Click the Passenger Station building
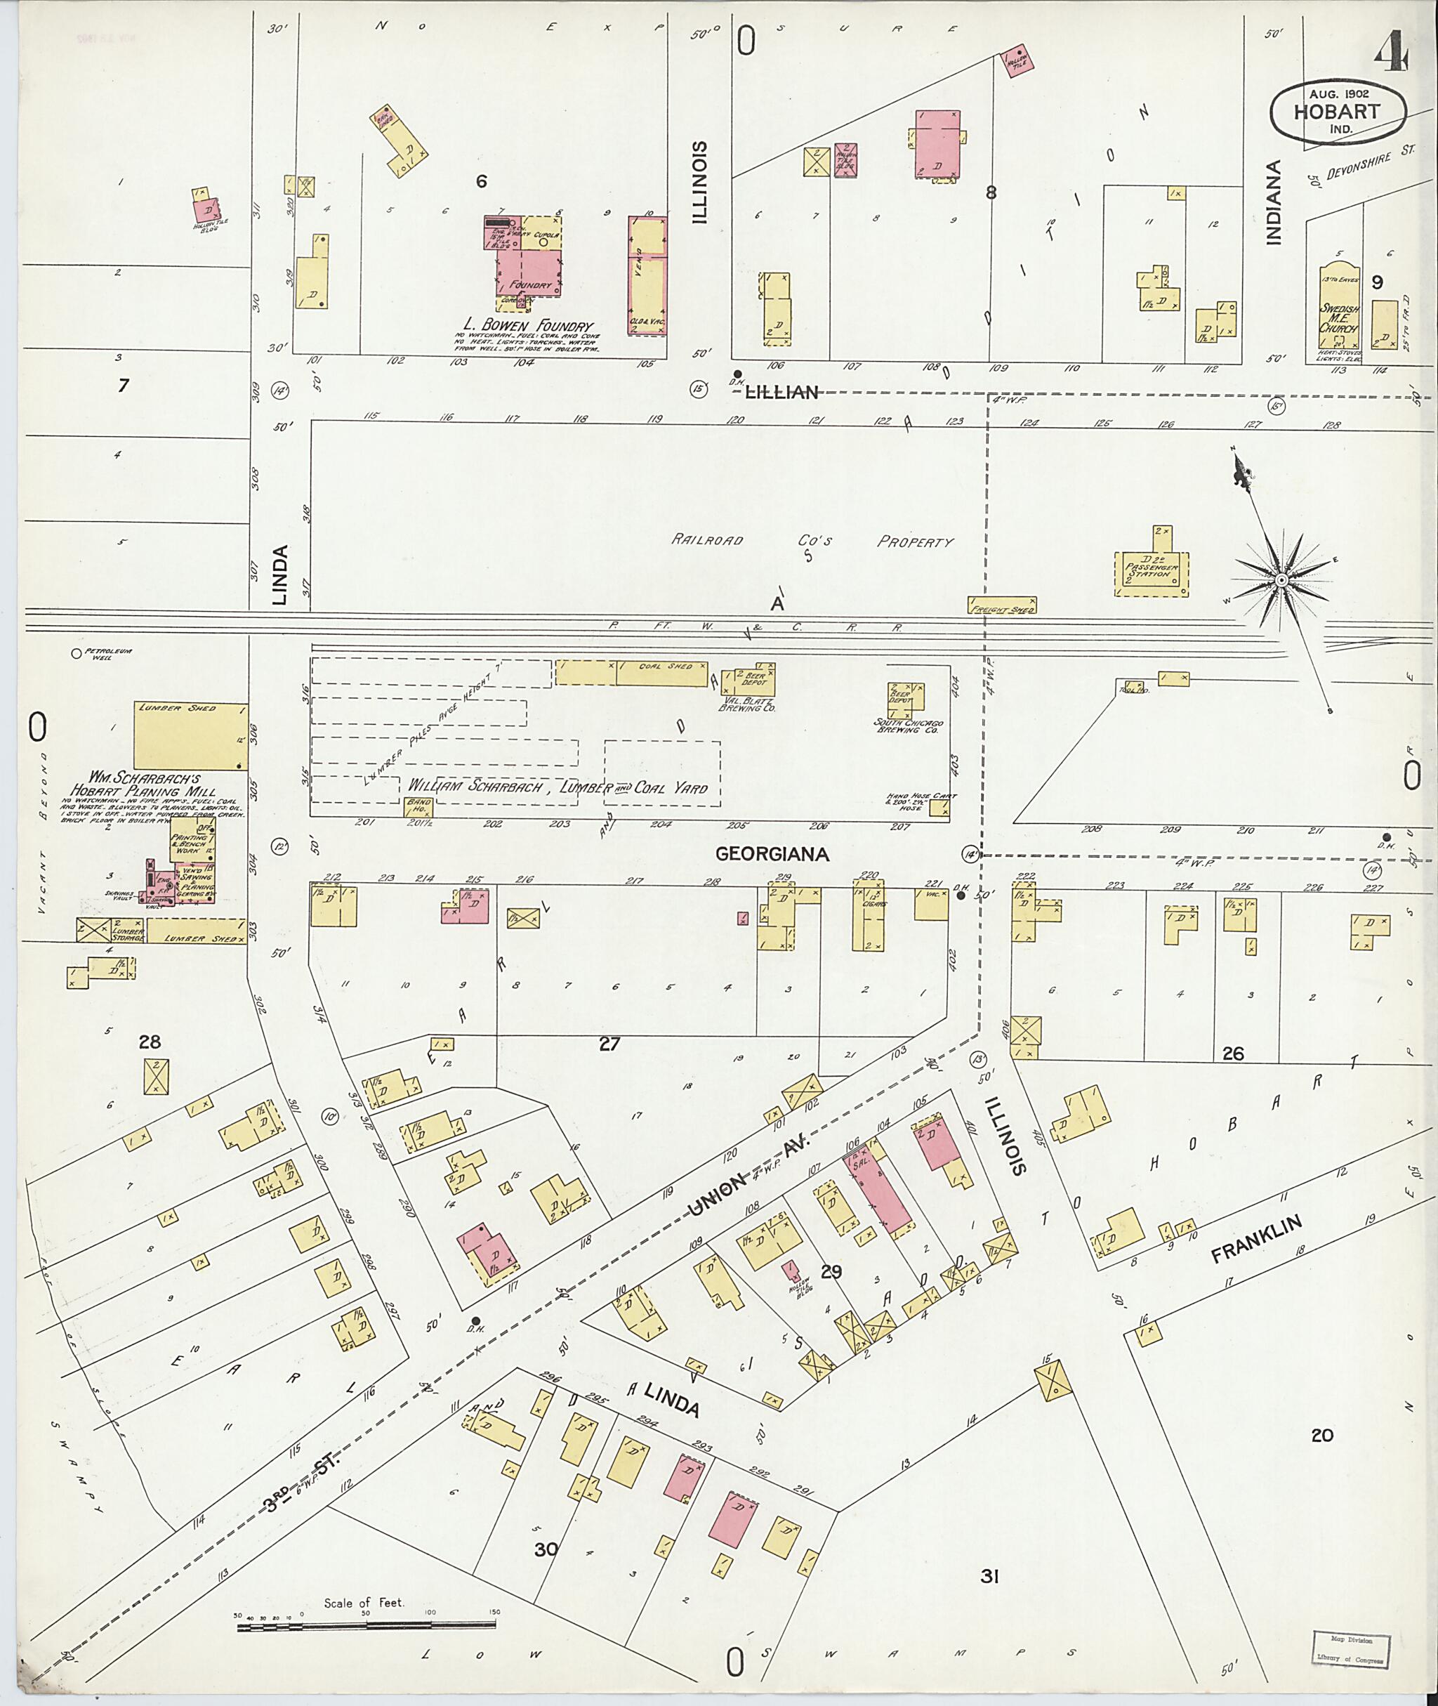point(1150,574)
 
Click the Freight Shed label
point(1002,608)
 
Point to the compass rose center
point(1281,580)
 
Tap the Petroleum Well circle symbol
point(77,652)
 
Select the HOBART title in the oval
point(1336,111)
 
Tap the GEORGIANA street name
point(772,854)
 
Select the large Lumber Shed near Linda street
point(191,735)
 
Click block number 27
point(609,1043)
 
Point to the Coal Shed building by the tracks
point(633,673)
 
